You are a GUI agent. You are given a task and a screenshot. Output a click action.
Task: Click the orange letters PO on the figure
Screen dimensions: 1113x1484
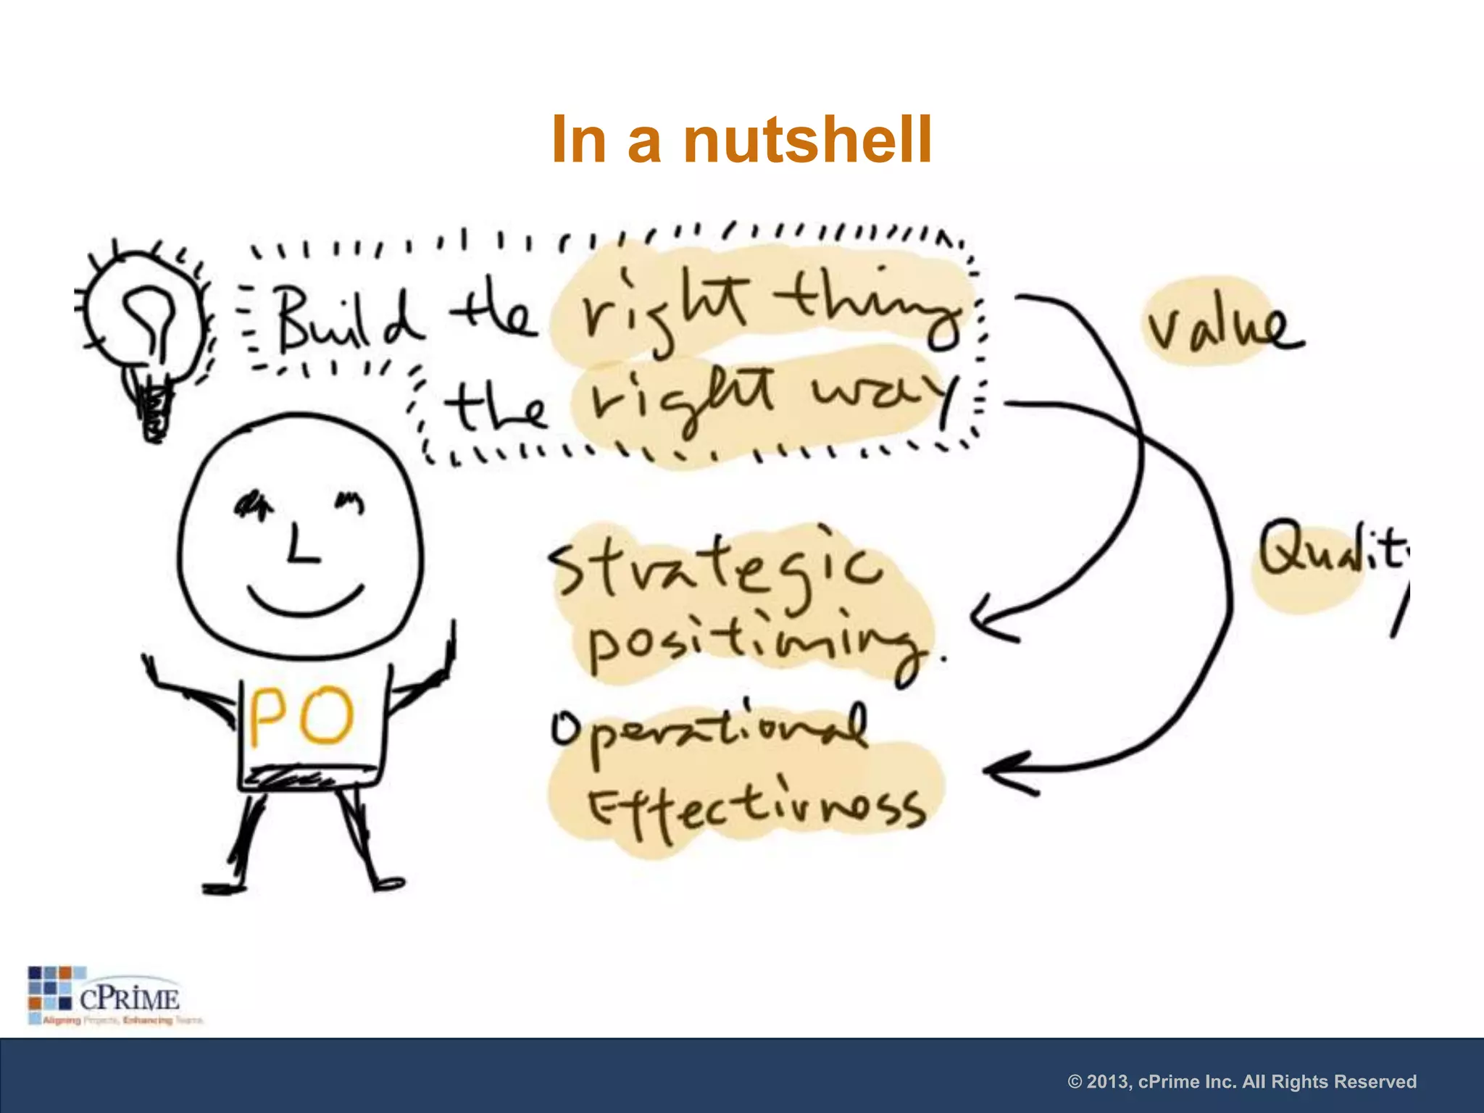click(x=301, y=717)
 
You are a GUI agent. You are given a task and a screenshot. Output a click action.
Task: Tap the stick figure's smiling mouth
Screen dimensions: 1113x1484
click(x=304, y=601)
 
